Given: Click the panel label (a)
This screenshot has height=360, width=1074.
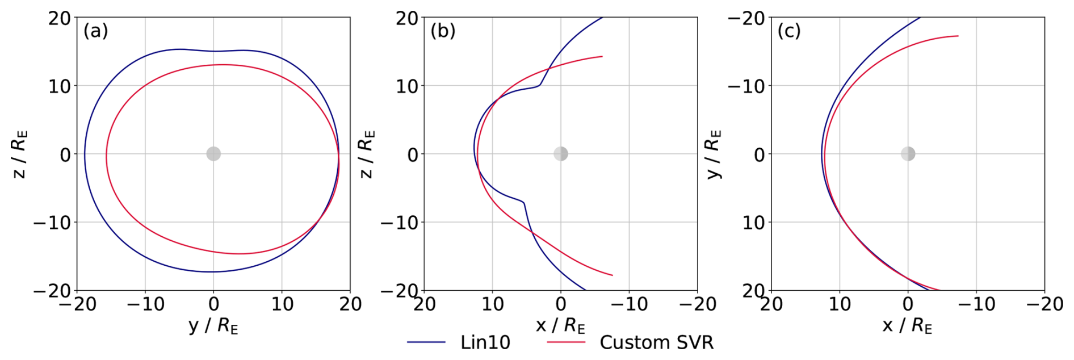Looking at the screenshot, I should [x=95, y=31].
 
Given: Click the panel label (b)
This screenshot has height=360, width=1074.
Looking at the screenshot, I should [x=443, y=31].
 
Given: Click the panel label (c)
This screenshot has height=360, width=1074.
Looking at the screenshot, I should [x=789, y=31].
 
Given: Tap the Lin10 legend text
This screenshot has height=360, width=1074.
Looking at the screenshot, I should [x=485, y=342].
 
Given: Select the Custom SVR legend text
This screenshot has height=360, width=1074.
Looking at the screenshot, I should [x=656, y=342].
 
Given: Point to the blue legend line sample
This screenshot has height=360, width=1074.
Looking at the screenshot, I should [x=426, y=342].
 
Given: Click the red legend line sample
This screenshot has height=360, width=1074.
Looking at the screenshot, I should [x=565, y=342].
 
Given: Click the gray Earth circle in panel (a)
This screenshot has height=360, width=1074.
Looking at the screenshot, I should [x=213, y=154].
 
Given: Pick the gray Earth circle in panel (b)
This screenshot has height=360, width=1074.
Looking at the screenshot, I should [x=561, y=154].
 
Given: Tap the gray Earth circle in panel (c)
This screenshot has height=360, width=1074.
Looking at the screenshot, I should [x=908, y=154].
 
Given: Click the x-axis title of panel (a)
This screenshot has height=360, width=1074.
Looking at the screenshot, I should [x=213, y=325].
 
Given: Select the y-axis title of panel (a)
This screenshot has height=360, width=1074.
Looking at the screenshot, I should [x=19, y=154].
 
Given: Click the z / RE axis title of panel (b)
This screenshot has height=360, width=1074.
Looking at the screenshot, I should [x=367, y=154].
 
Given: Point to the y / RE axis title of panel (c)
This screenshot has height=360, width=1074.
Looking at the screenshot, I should [x=714, y=154].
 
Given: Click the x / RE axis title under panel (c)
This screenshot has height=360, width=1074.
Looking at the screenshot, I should [x=907, y=325].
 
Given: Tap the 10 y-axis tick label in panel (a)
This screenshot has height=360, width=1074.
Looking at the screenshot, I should [x=60, y=86].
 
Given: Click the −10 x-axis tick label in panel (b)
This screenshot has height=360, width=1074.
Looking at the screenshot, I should [x=629, y=304].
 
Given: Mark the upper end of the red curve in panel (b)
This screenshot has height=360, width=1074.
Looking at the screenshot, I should [x=602, y=56].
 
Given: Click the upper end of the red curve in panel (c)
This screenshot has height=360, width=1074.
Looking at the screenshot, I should [x=958, y=36].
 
